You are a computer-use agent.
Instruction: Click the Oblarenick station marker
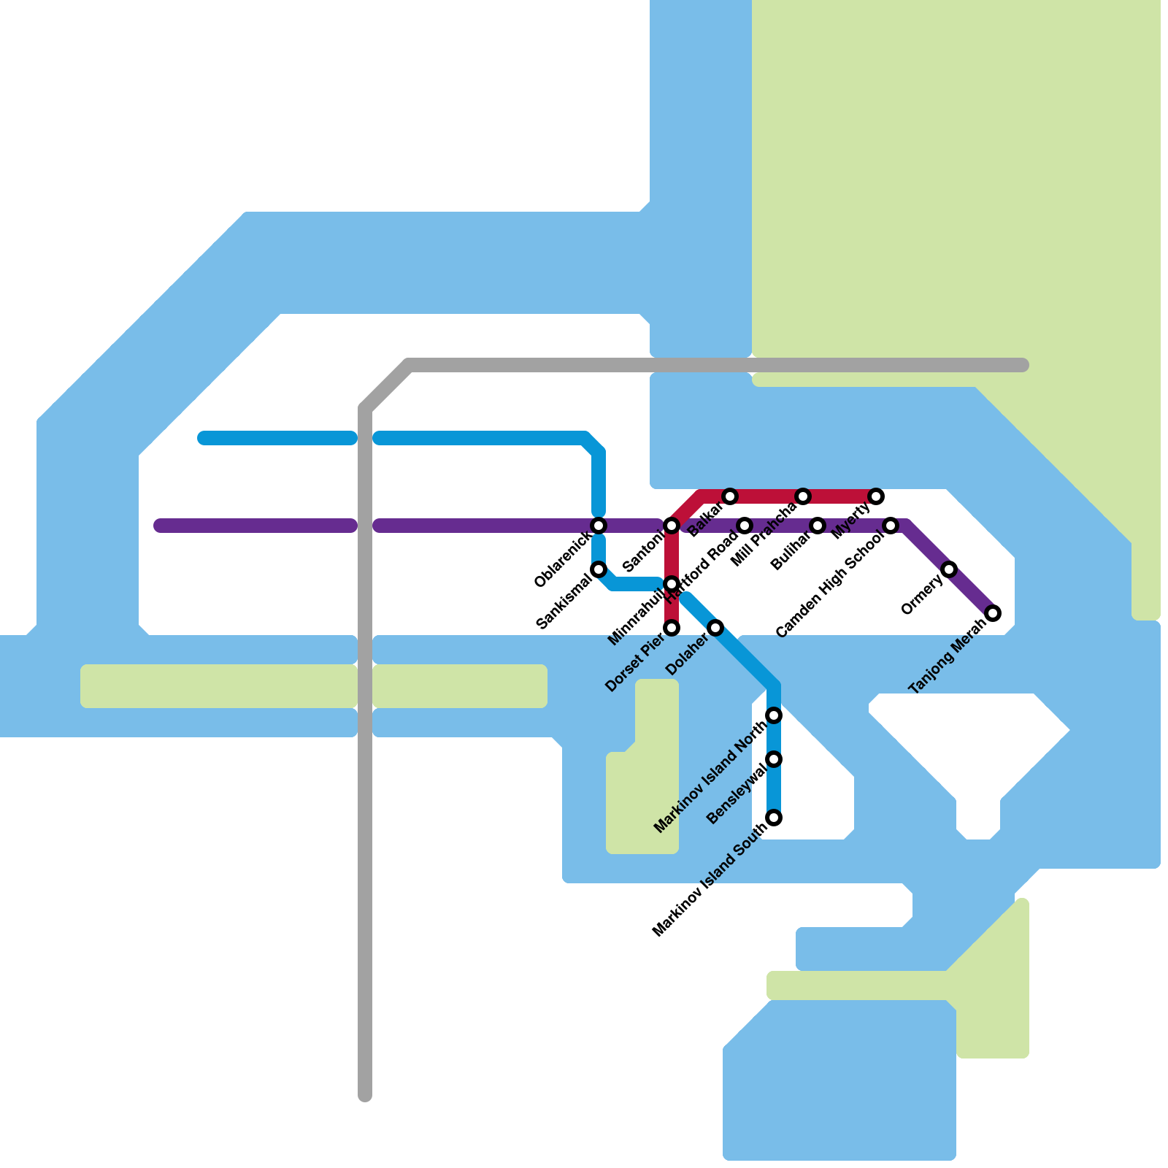[x=599, y=526]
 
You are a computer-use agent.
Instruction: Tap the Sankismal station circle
[x=599, y=569]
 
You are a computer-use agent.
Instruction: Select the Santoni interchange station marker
[x=672, y=526]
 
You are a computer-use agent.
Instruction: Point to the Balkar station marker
[x=730, y=497]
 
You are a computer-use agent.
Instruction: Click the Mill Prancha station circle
[x=803, y=497]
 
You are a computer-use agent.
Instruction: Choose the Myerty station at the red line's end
[x=877, y=497]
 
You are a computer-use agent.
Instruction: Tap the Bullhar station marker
[x=818, y=526]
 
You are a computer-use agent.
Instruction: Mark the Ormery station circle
[x=949, y=569]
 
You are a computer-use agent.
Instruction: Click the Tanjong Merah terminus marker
[x=993, y=613]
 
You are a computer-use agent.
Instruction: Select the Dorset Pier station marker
[x=672, y=628]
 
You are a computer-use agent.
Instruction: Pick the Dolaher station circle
[x=716, y=628]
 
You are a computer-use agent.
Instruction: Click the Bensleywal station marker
[x=775, y=759]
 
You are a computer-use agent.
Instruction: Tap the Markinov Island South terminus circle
[x=775, y=818]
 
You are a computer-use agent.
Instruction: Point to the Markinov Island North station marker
[x=775, y=715]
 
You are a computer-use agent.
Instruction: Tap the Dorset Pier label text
[x=635, y=663]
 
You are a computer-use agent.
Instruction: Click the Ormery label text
[x=922, y=596]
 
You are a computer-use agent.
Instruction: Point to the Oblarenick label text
[x=563, y=560]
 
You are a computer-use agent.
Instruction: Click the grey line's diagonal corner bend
[x=385, y=385]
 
